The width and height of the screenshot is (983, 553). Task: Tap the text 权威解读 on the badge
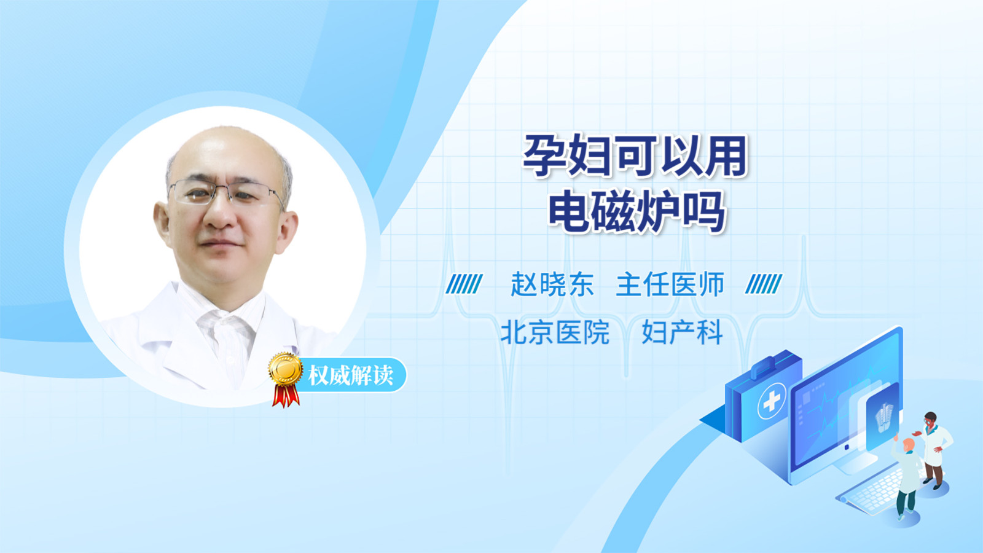click(x=350, y=375)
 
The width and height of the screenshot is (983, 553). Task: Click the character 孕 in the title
click(x=544, y=156)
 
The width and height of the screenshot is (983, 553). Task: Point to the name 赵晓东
click(x=552, y=284)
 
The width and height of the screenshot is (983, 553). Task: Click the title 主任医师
click(x=670, y=284)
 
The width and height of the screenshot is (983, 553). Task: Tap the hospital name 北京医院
click(x=555, y=332)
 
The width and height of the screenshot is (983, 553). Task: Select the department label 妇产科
click(x=682, y=332)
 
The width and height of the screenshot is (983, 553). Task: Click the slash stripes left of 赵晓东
click(x=464, y=284)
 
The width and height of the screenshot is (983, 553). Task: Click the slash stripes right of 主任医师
click(x=764, y=284)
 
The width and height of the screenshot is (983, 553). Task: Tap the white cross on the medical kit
click(x=772, y=400)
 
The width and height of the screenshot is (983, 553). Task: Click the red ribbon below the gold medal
click(x=286, y=396)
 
